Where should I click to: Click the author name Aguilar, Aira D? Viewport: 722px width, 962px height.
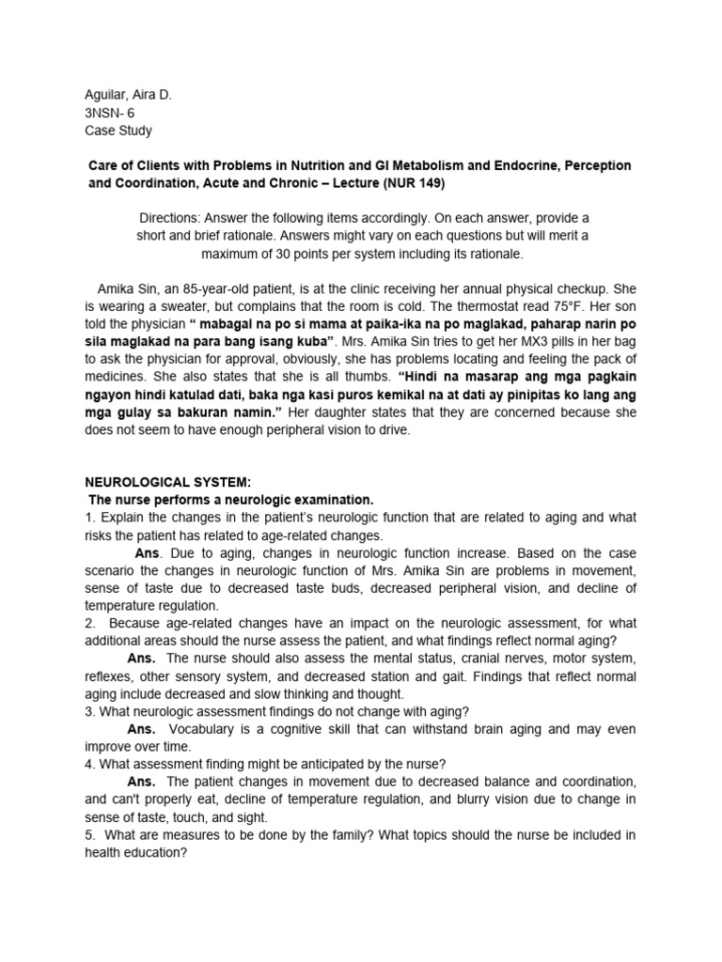coord(128,95)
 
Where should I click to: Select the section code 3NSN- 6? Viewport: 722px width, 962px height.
coord(110,113)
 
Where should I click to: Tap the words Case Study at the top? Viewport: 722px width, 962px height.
coord(118,131)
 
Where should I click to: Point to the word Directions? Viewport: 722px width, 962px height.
coord(172,217)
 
